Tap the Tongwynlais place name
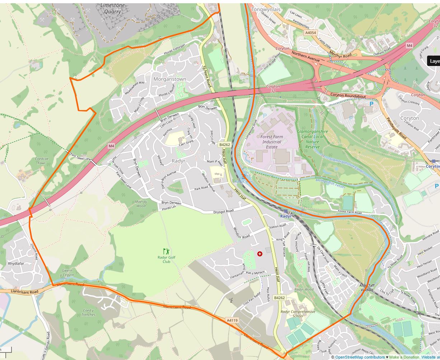266,9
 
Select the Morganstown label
170,79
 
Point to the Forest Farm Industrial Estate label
272,142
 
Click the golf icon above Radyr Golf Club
166,251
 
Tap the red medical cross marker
260,254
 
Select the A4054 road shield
310,33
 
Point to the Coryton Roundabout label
348,96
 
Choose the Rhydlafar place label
16,264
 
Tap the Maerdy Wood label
141,204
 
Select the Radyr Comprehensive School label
298,314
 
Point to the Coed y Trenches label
88,313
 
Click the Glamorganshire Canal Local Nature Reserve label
312,139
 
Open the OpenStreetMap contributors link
360,357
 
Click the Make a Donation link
404,357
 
